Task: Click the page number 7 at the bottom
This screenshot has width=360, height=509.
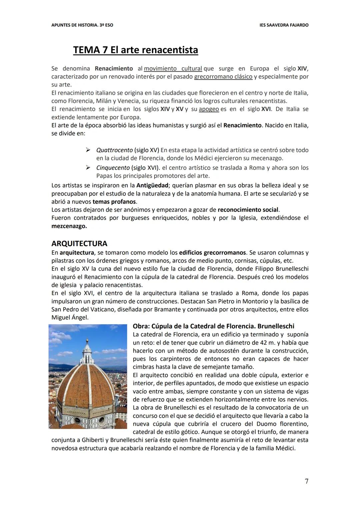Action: coord(306,481)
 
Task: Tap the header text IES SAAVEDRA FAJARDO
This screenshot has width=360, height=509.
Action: coord(284,25)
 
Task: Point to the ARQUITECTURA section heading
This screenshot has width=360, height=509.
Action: coord(79,243)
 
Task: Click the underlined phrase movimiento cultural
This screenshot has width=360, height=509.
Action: coord(173,68)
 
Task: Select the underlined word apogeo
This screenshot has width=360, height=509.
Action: coord(209,109)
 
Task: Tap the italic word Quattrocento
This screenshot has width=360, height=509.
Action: coord(114,150)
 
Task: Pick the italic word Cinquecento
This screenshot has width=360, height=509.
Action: coord(113,167)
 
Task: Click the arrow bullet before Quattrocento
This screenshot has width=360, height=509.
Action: coord(88,150)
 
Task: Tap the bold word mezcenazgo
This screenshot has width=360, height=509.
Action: coord(69,226)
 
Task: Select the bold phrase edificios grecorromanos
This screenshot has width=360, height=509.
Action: coord(212,252)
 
